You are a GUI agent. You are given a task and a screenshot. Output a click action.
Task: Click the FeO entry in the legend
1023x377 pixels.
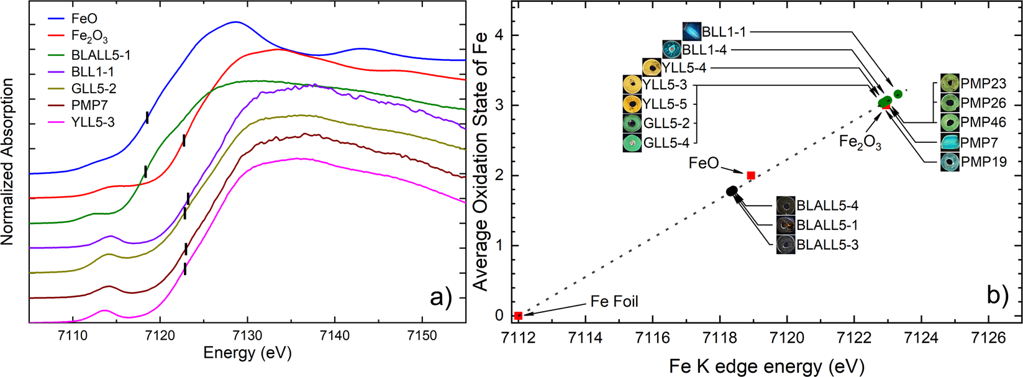coord(84,19)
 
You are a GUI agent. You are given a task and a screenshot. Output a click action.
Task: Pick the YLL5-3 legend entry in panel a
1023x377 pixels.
coord(93,122)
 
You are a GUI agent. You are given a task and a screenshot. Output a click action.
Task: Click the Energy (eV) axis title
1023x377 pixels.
coord(247,353)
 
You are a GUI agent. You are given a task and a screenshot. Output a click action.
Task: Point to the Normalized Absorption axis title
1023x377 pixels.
coord(8,161)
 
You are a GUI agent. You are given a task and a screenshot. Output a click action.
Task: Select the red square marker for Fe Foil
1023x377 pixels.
coord(519,316)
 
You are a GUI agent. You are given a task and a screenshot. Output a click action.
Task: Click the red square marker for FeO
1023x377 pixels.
coord(751,176)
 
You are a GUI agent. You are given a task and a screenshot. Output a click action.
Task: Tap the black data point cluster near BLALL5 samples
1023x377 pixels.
coord(732,191)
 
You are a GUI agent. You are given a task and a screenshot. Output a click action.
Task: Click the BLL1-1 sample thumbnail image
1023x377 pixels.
coord(691,32)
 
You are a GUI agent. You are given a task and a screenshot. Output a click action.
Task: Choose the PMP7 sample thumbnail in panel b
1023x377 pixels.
coord(950,143)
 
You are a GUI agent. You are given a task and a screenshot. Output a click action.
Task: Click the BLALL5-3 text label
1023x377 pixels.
coord(827,245)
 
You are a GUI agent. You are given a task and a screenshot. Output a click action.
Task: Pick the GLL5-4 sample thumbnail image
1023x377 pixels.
coord(632,143)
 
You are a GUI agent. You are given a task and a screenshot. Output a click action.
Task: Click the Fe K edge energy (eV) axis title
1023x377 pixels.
coord(766,366)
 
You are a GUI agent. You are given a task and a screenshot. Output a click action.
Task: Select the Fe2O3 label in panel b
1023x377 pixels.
coord(860,142)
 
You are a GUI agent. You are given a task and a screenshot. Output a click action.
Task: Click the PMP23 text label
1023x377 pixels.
coord(983,84)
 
